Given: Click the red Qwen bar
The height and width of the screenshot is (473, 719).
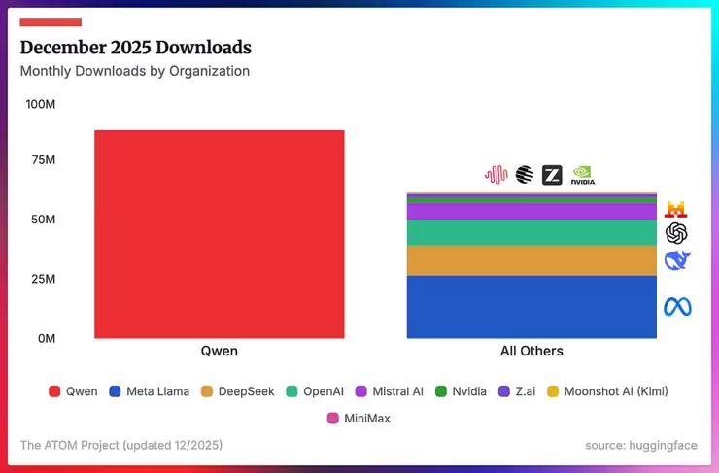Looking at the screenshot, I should click(x=219, y=233).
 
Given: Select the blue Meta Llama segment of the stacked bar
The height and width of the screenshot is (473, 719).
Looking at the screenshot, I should click(x=531, y=307).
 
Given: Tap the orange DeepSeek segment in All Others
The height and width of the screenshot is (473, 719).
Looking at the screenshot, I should click(x=531, y=260).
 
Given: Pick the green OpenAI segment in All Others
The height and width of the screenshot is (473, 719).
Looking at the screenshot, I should click(x=531, y=232).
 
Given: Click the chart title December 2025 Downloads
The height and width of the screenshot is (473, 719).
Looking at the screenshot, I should click(x=136, y=48).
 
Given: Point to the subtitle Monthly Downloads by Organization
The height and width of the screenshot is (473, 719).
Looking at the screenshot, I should click(x=135, y=71).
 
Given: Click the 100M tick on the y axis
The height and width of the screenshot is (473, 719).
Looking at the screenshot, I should click(x=40, y=104).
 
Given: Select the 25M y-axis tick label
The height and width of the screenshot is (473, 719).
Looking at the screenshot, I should click(x=43, y=280).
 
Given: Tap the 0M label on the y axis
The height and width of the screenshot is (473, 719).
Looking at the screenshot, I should click(x=47, y=338).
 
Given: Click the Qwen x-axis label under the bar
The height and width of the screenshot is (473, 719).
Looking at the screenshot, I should click(x=219, y=351).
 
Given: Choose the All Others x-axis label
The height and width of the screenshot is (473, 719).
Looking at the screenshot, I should click(x=531, y=351).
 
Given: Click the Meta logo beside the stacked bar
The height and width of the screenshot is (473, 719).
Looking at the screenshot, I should click(x=676, y=307).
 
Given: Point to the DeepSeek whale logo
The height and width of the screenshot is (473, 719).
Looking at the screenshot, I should click(x=676, y=260).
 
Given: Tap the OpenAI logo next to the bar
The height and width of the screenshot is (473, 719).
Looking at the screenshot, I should click(x=676, y=233).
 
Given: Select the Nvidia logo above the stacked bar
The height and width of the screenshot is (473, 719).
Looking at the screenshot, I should click(x=583, y=175).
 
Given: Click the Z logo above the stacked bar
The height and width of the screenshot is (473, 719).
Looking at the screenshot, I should click(x=552, y=175).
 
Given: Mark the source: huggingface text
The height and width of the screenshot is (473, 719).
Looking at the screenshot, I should click(x=641, y=445).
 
